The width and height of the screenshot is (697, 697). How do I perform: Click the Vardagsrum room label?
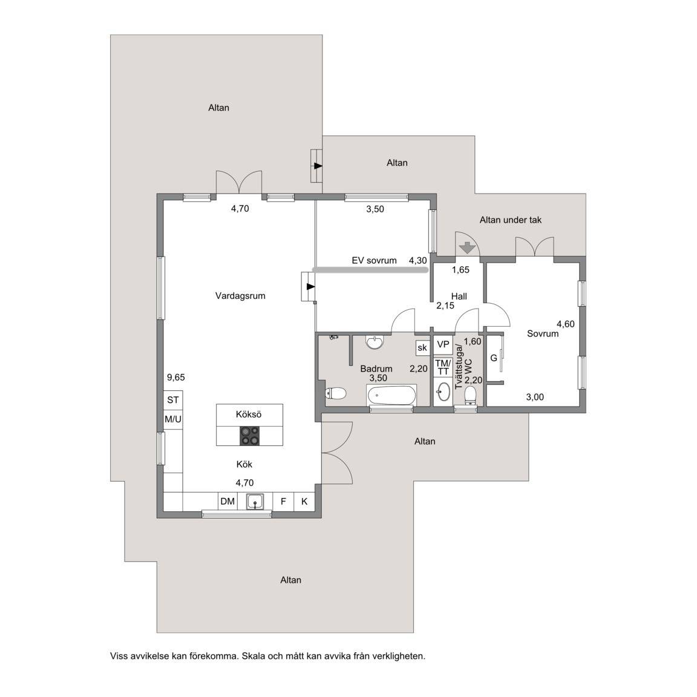[240, 296]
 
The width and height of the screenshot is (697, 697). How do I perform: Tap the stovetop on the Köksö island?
[249, 436]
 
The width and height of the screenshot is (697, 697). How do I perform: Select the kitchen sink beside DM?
[255, 502]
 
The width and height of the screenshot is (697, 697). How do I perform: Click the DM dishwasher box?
[227, 502]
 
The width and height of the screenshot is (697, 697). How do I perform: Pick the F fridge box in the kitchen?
[283, 502]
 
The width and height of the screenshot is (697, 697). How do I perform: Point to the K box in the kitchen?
[304, 502]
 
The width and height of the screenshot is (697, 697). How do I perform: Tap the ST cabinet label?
[173, 400]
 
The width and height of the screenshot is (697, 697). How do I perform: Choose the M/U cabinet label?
[173, 419]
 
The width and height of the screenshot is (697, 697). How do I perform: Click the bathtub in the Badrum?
[391, 394]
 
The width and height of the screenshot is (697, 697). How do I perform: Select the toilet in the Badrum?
[336, 393]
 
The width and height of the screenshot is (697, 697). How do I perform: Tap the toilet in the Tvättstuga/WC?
[470, 395]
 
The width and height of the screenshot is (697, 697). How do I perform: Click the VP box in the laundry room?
[443, 344]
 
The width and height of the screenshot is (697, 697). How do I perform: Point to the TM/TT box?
[443, 367]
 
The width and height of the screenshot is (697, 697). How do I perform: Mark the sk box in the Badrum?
[422, 348]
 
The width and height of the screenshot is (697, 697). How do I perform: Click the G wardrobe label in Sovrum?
[494, 358]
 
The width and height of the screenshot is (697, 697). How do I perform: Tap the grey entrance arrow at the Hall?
[467, 247]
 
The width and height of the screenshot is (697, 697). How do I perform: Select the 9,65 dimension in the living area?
[175, 378]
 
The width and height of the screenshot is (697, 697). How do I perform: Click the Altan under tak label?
[510, 220]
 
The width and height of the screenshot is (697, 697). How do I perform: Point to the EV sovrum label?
[375, 261]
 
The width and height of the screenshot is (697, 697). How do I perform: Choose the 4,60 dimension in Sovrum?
[566, 324]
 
